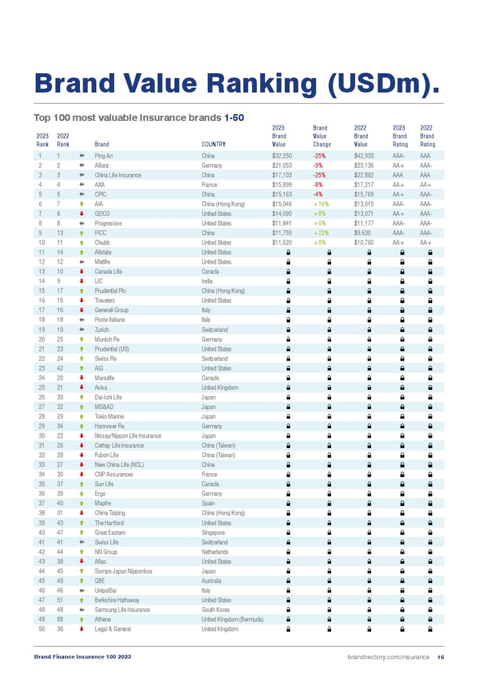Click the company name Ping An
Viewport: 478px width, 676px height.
(104, 156)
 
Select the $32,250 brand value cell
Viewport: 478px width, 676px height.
(282, 156)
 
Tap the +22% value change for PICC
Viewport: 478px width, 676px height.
(321, 233)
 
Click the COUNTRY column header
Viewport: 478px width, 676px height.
(214, 144)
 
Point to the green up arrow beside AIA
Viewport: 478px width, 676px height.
(81, 204)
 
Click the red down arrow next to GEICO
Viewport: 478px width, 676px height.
(81, 214)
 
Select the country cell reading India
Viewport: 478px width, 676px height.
(206, 281)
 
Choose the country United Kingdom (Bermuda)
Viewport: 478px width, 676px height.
(233, 619)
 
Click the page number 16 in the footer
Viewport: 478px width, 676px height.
(440, 657)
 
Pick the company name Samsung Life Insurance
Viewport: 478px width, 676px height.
(122, 610)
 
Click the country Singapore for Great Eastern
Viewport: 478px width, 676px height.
(213, 533)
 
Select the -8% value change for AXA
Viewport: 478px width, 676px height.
(318, 184)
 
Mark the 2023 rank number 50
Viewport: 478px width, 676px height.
(42, 629)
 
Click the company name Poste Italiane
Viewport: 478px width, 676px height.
(111, 320)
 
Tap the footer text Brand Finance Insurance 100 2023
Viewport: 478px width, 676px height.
(83, 657)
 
